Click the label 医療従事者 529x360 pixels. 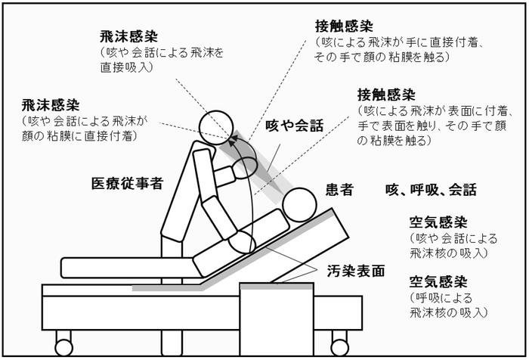click(127, 184)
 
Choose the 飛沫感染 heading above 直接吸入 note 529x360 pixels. click(128, 36)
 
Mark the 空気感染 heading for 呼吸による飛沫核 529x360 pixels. click(438, 281)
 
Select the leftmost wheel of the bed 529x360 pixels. click(62, 338)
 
